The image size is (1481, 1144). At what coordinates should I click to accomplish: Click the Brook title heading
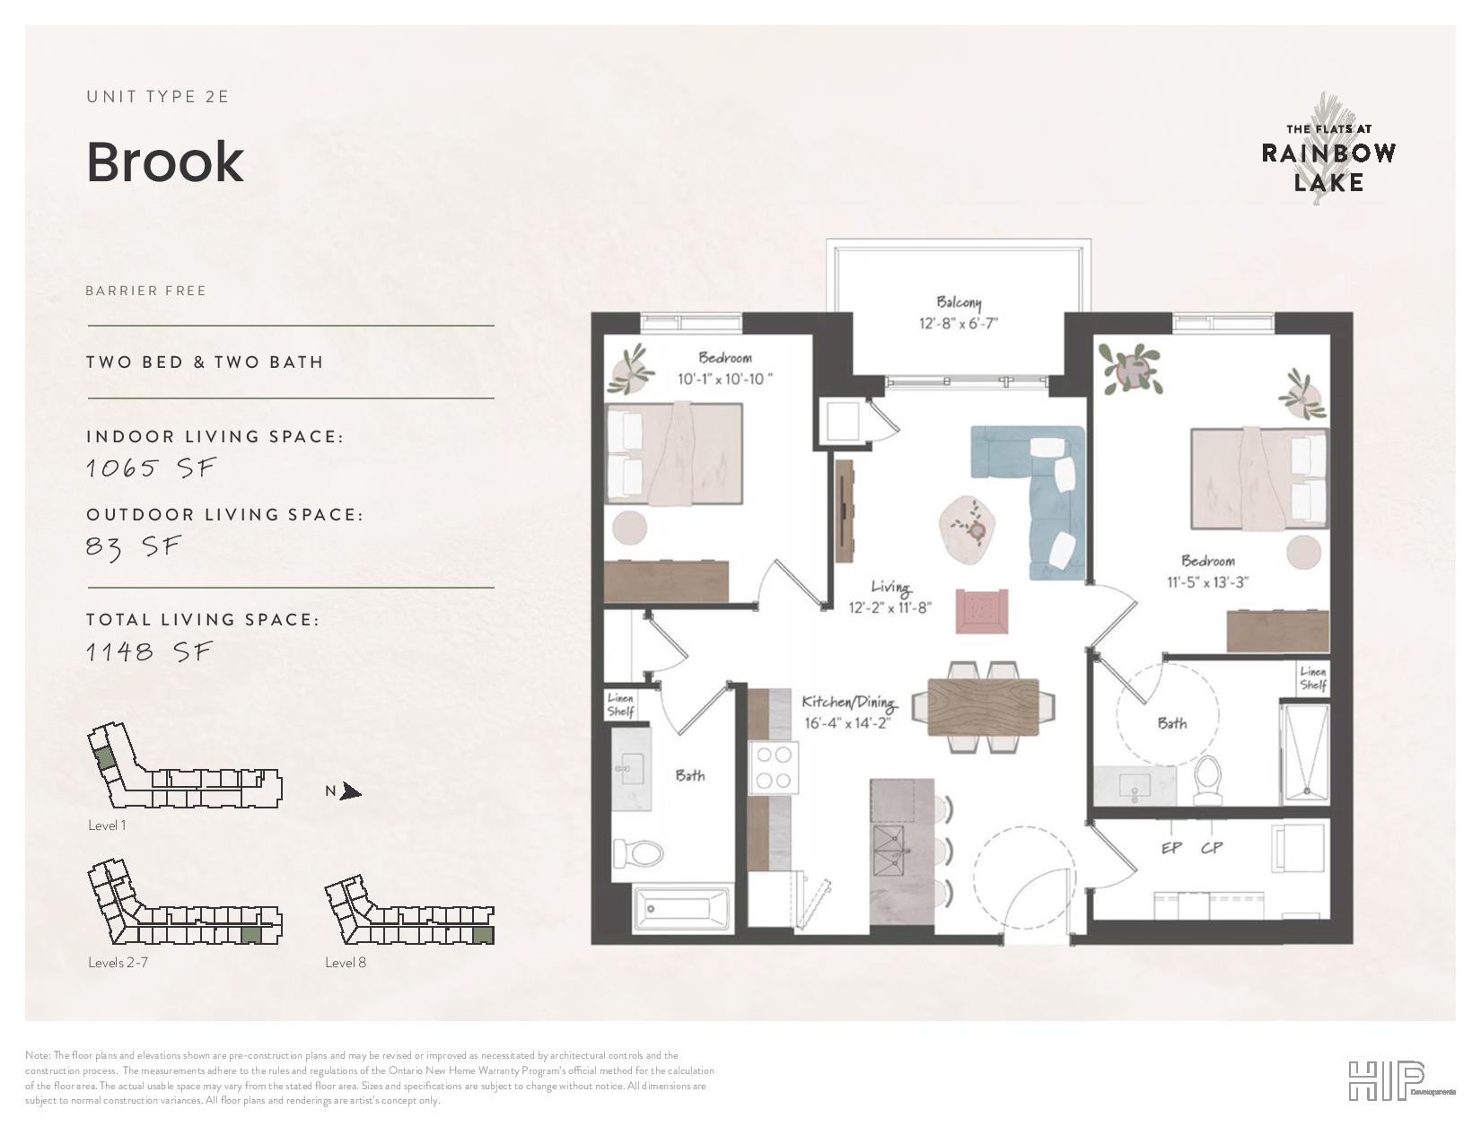coord(165,162)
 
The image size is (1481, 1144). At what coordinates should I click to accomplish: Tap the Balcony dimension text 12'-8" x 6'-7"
coord(959,323)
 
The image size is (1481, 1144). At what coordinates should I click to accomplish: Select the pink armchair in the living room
coord(981,611)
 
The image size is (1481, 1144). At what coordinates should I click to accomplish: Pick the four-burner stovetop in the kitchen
coord(774,768)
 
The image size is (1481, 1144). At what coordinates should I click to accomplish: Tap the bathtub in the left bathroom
coord(681,907)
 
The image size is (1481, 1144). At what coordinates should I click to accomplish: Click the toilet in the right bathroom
coord(1209,781)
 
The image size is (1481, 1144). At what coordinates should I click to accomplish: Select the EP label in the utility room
coord(1171,848)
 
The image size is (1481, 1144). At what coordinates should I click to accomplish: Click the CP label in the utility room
coord(1212,848)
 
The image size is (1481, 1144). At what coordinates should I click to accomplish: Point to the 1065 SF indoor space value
coord(152,468)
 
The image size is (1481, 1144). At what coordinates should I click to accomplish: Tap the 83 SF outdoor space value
coord(135,546)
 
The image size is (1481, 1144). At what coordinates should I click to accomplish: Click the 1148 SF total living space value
coord(149,652)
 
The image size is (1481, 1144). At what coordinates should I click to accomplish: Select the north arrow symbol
coord(351,791)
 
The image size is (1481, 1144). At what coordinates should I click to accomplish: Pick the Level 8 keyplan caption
coord(346,962)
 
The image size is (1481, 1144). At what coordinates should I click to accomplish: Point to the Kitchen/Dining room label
coord(848,702)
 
